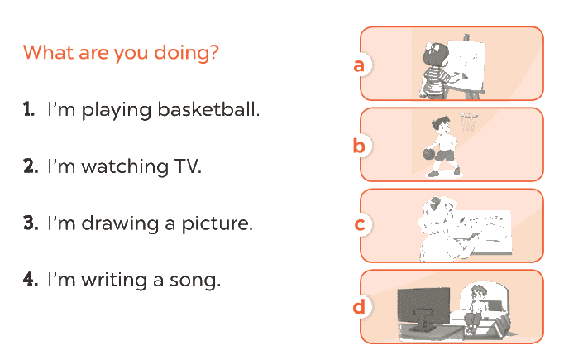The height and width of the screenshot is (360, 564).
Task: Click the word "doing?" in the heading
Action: (x=186, y=53)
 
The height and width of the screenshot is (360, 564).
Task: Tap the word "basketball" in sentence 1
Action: (x=208, y=109)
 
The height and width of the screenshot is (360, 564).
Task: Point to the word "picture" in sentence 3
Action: (x=217, y=224)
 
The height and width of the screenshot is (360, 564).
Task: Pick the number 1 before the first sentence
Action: (x=29, y=109)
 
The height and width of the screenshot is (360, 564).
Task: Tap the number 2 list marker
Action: (x=31, y=166)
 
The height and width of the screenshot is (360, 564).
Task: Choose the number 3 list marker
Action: (x=31, y=223)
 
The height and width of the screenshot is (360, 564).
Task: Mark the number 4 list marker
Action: (x=31, y=280)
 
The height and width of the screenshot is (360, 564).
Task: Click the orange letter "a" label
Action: (x=359, y=66)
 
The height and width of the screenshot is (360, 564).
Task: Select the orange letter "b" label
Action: (x=359, y=145)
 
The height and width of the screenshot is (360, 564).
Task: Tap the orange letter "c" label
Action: (x=360, y=224)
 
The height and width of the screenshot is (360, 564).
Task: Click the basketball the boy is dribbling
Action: (x=429, y=154)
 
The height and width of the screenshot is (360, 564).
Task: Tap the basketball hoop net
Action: (x=468, y=122)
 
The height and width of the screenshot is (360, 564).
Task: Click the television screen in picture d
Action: (x=423, y=306)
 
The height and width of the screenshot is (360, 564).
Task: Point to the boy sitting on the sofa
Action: (x=476, y=308)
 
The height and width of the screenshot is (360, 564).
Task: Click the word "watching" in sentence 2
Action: (x=125, y=166)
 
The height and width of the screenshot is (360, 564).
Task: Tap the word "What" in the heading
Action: (x=49, y=52)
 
